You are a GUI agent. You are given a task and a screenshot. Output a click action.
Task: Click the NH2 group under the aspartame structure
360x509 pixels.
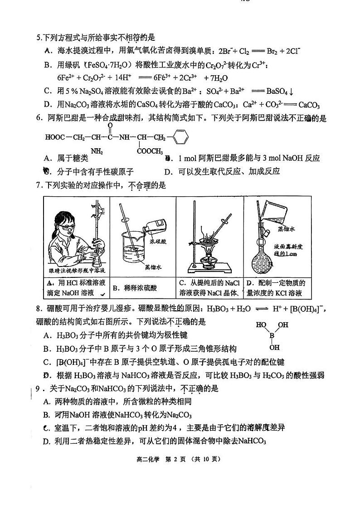pos(97,151)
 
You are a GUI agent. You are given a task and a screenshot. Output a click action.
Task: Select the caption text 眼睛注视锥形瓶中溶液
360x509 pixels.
pos(77,271)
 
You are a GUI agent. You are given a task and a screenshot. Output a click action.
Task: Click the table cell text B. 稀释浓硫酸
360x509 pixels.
pos(135,287)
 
